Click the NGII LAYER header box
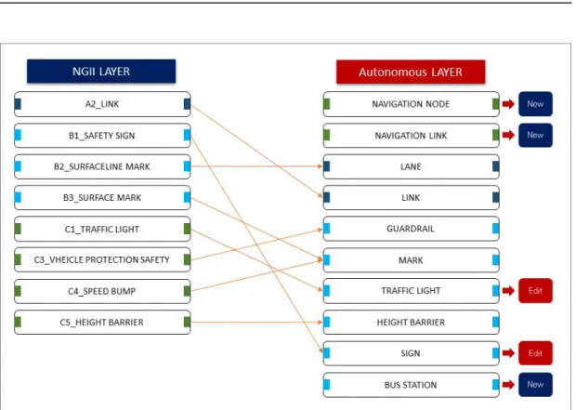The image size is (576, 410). pyautogui.click(x=101, y=72)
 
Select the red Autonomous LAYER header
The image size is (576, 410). pyautogui.click(x=411, y=73)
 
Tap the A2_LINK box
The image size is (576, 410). pyautogui.click(x=102, y=104)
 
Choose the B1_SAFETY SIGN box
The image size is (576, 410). pyautogui.click(x=102, y=136)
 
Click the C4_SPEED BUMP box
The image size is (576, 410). pyautogui.click(x=102, y=291)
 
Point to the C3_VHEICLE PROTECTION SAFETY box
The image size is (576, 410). pyautogui.click(x=102, y=259)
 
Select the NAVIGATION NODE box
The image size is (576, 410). pyautogui.click(x=411, y=104)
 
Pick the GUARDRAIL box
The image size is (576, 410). pyautogui.click(x=411, y=229)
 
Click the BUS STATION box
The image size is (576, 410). pyautogui.click(x=411, y=385)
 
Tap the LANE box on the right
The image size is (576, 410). pyautogui.click(x=411, y=166)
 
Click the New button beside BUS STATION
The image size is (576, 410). pyautogui.click(x=535, y=385)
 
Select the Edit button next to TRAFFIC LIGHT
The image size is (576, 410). pyautogui.click(x=535, y=291)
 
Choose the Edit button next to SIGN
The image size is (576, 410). pyautogui.click(x=535, y=353)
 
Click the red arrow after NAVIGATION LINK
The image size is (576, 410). pyautogui.click(x=508, y=135)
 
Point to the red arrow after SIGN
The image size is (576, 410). pyautogui.click(x=508, y=353)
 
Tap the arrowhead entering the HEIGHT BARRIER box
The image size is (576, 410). pyautogui.click(x=321, y=322)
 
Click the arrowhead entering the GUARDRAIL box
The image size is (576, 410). pyautogui.click(x=321, y=230)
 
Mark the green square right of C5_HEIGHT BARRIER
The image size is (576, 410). pyautogui.click(x=187, y=322)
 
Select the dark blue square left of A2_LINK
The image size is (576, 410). pyautogui.click(x=18, y=104)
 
